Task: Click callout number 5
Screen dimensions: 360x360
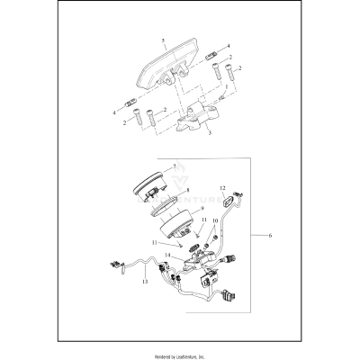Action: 162,42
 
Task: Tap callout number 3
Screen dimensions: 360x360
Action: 210,133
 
